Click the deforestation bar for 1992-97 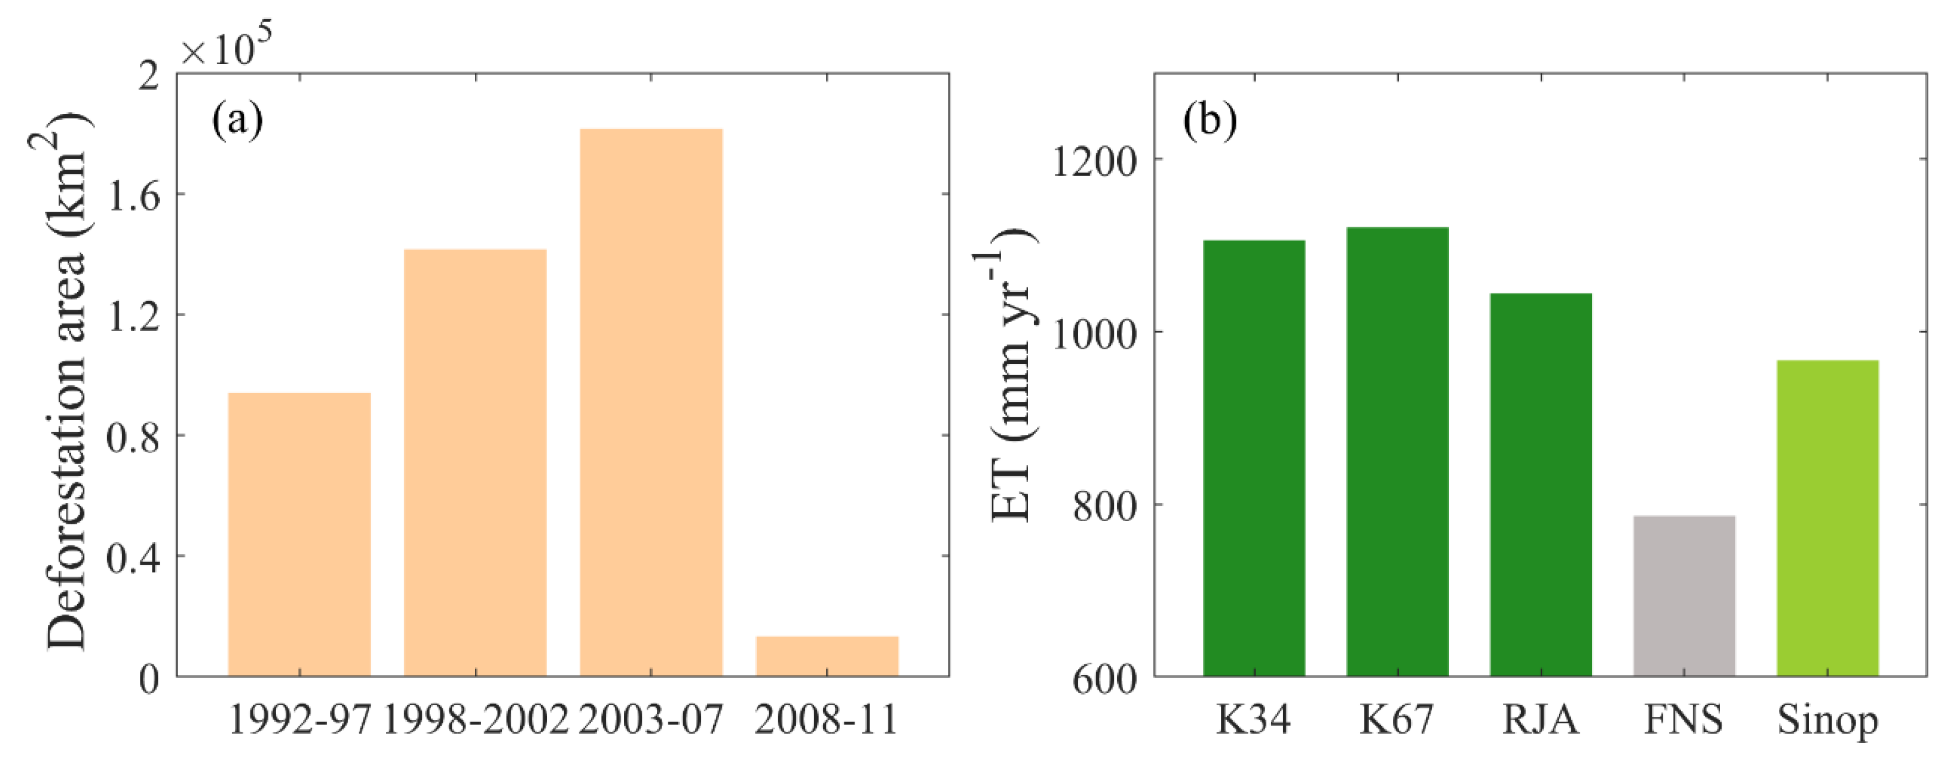[299, 534]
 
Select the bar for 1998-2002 [475, 463]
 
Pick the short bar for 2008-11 [827, 656]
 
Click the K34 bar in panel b [1254, 458]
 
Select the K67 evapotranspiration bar [1397, 452]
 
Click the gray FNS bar [1684, 595]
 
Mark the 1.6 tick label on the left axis [134, 196]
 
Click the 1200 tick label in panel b [1094, 161]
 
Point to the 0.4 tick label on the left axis [134, 558]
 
